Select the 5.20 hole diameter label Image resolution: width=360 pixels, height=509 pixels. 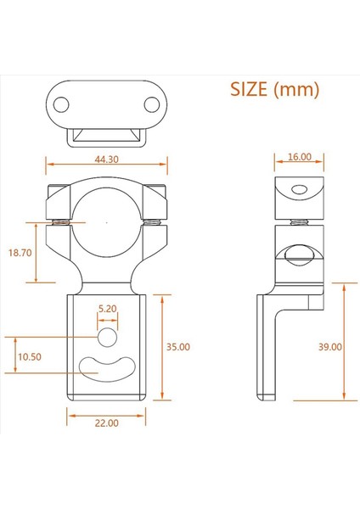(107, 310)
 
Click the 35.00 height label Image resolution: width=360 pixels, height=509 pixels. (179, 347)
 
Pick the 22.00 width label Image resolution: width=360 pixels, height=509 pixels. (106, 422)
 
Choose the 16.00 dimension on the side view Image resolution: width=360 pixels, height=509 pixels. (300, 158)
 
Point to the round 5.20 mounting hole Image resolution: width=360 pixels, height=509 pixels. (107, 338)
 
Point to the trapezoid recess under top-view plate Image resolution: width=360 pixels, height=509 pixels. (106, 134)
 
